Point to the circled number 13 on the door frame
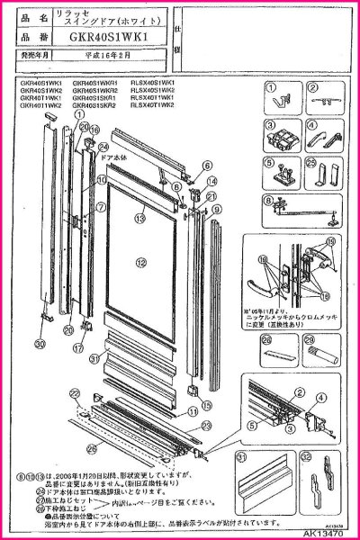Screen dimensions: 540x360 [x=140, y=217]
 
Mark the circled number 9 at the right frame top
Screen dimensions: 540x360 [x=216, y=208]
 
